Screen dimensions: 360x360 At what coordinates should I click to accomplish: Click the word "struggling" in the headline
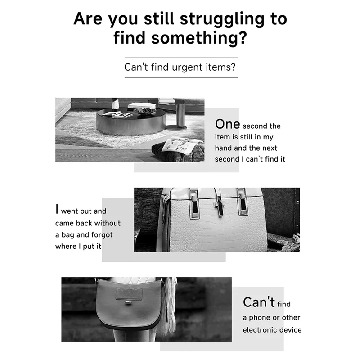222,19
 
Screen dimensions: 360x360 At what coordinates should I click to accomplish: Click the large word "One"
227,124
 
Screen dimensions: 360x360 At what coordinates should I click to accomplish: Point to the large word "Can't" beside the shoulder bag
259,302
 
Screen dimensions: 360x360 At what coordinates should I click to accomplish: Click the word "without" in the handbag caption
108,223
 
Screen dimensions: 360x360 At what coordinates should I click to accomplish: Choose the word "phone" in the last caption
260,318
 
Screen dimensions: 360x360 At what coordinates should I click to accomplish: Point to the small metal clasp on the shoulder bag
129,303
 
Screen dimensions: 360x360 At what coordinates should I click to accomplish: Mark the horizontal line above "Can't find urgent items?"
181,58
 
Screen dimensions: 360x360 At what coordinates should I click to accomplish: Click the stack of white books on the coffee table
141,106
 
